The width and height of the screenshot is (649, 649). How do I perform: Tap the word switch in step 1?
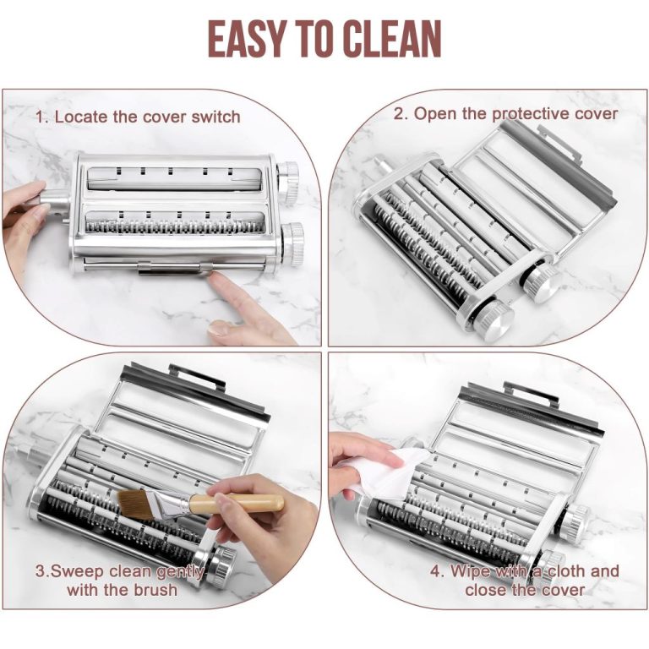pyautogui.click(x=215, y=117)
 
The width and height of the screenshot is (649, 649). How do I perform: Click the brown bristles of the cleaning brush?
pyautogui.click(x=136, y=504)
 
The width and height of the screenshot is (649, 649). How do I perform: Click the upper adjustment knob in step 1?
pyautogui.click(x=288, y=182)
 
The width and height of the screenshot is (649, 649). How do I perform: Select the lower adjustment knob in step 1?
pyautogui.click(x=293, y=244)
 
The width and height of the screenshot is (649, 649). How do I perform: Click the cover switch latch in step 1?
pyautogui.click(x=175, y=269)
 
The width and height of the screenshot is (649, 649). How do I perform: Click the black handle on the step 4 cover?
pyautogui.click(x=532, y=393)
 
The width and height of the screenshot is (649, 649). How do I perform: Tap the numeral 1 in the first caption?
pyautogui.click(x=41, y=117)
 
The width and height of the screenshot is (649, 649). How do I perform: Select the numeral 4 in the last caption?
pyautogui.click(x=435, y=571)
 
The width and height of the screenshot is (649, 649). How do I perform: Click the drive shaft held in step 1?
pyautogui.click(x=53, y=201)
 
